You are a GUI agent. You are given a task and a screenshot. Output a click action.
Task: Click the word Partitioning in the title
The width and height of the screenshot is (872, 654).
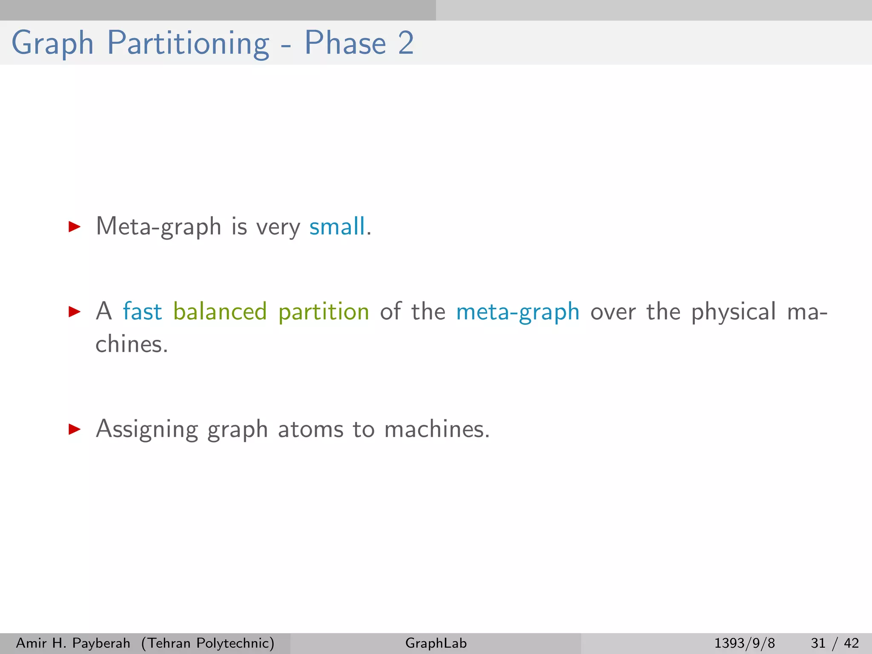click(x=188, y=43)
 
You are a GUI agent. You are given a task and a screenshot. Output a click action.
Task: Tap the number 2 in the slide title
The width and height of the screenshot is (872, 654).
click(x=406, y=43)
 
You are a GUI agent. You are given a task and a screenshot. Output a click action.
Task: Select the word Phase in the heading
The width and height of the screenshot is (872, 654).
click(x=345, y=43)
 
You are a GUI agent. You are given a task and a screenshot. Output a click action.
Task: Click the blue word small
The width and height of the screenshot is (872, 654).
click(x=337, y=226)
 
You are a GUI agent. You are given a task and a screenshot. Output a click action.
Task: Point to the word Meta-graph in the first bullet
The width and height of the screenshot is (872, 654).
click(x=158, y=227)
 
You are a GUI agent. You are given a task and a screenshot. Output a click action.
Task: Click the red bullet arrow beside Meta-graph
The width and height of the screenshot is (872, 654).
click(x=75, y=227)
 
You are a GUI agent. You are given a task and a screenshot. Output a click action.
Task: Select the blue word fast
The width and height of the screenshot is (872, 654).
click(x=142, y=311)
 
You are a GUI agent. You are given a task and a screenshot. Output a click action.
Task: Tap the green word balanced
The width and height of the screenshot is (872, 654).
click(x=220, y=311)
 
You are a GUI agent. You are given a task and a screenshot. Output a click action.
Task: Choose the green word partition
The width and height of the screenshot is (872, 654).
click(x=324, y=312)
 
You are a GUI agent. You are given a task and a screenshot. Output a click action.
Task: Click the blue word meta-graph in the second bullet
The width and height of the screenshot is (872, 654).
click(x=517, y=312)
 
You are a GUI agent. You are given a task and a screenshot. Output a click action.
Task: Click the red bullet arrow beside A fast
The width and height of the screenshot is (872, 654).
click(x=75, y=312)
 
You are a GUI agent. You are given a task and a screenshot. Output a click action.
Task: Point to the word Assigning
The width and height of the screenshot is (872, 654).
click(x=146, y=429)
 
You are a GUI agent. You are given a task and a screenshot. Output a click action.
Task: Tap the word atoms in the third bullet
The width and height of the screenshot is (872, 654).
click(x=310, y=429)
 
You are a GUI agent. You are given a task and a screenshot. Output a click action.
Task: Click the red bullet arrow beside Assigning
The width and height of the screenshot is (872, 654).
click(x=75, y=429)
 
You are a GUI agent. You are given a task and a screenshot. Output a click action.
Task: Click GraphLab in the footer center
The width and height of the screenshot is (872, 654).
click(x=436, y=643)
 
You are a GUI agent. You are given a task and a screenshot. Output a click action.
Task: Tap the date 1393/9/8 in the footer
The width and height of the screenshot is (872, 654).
click(x=744, y=643)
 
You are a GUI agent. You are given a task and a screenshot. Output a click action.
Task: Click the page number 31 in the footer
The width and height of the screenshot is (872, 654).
click(x=818, y=643)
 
